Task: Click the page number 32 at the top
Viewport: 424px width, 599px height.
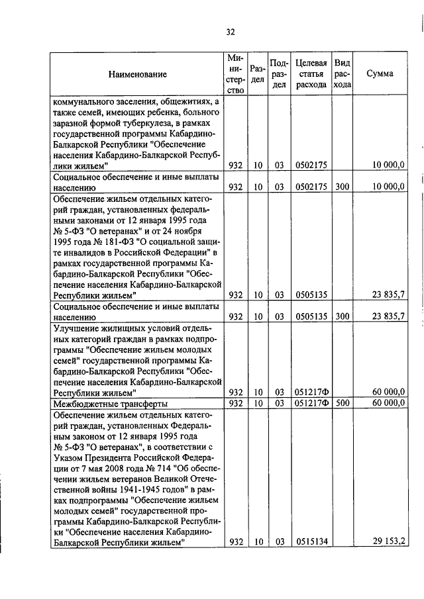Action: point(231,31)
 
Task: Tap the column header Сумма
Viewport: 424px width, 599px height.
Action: point(380,73)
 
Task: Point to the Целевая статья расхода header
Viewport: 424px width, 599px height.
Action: point(311,73)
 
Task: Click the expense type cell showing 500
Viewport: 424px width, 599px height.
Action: point(342,403)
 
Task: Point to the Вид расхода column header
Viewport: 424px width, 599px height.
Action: point(342,73)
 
